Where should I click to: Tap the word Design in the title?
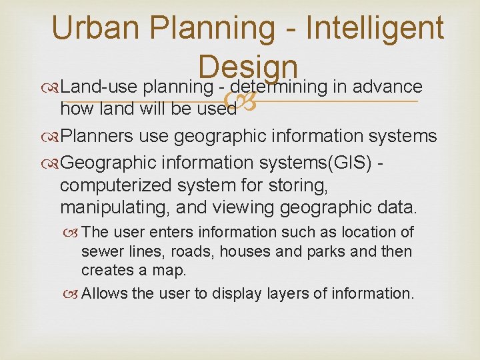(247, 67)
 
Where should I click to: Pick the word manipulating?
(113, 207)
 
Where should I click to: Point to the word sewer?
(101, 252)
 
